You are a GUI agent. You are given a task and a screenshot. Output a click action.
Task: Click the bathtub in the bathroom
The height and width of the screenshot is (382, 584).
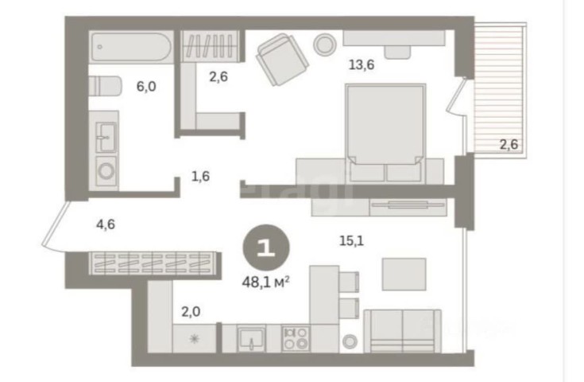tap(131, 47)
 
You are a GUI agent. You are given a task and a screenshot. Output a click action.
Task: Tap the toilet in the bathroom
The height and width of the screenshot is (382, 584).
tap(106, 86)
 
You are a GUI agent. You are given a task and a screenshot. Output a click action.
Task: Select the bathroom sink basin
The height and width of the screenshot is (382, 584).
tap(106, 137)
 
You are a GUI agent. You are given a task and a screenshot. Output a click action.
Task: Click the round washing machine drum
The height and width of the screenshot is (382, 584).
tap(106, 171)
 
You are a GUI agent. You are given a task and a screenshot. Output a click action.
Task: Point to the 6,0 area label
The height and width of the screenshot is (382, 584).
tap(146, 87)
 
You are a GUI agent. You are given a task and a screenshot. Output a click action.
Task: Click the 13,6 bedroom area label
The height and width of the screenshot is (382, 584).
tap(362, 65)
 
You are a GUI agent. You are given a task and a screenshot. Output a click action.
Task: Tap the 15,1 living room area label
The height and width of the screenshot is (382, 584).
tap(351, 241)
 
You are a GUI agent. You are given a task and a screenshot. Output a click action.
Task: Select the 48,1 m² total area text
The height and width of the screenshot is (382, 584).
tap(266, 282)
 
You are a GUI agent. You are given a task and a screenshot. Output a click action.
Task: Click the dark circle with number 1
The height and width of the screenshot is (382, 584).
tap(266, 248)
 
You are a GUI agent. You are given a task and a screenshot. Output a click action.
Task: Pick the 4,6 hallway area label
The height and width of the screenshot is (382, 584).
tap(106, 224)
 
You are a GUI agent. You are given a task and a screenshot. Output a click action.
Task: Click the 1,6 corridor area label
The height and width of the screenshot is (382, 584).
tap(200, 176)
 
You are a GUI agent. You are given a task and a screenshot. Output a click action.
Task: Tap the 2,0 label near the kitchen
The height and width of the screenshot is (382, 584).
tap(191, 311)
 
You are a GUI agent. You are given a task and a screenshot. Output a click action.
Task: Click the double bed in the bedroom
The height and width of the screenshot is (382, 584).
tap(385, 133)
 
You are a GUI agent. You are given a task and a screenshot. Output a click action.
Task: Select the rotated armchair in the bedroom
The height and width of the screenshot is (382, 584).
tap(282, 60)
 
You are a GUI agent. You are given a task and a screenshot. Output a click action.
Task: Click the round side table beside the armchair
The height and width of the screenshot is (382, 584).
tap(325, 45)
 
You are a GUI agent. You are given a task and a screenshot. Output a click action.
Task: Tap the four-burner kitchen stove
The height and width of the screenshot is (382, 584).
tap(296, 338)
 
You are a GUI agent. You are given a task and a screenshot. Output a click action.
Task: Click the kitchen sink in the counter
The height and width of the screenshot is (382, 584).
tap(252, 339)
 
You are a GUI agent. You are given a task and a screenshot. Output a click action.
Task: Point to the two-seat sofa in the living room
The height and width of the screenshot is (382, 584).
tap(403, 331)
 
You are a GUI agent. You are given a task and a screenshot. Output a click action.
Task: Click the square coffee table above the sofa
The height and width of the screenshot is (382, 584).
tap(404, 275)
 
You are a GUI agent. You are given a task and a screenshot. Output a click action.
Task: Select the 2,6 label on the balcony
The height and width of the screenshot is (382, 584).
tap(509, 144)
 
